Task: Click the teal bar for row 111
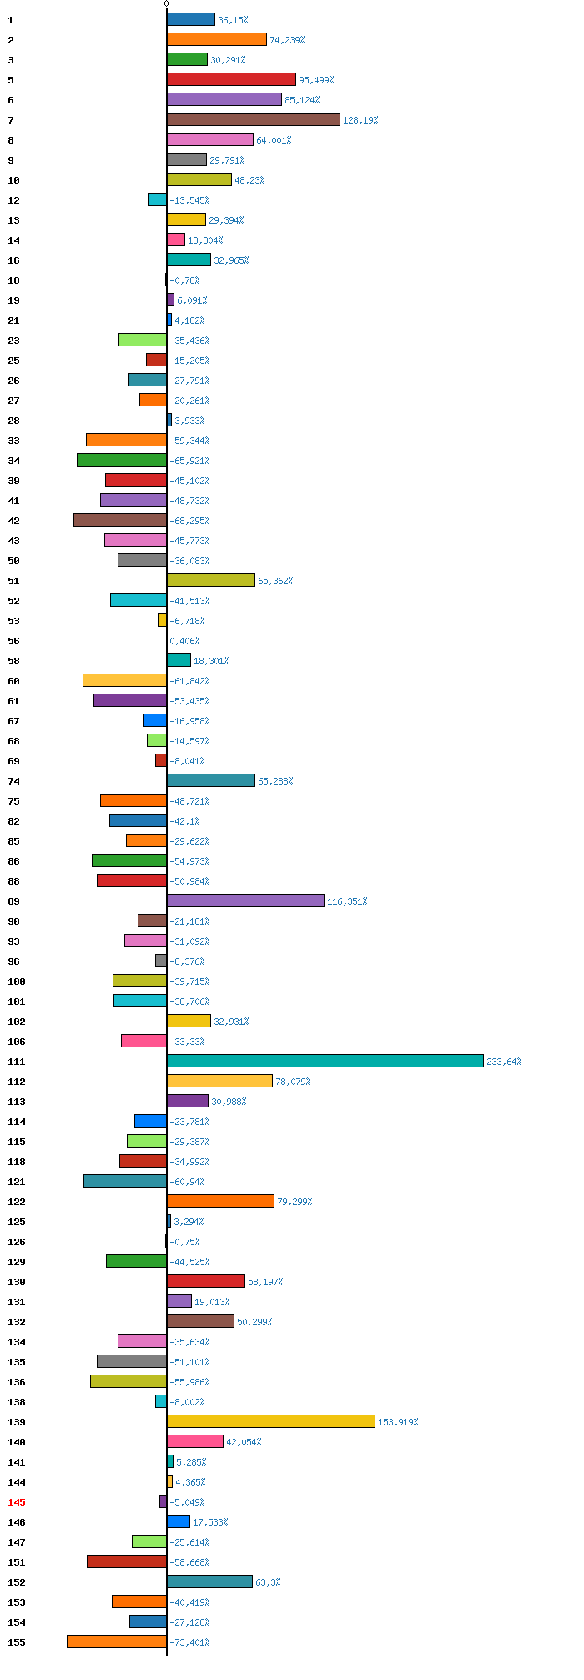coord(325,1061)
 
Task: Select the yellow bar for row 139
coord(271,1421)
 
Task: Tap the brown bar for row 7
coord(254,119)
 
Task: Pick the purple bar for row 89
coord(245,901)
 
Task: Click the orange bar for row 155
coord(117,1642)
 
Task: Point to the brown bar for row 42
coord(120,520)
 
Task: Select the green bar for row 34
coord(122,460)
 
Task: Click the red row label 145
coord(17,1502)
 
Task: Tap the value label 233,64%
coord(504,1062)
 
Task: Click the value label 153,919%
coord(398,1422)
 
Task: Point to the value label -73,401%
coord(189,1642)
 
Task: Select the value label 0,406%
coord(184,641)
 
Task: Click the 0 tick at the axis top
coord(166,4)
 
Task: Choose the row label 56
coord(13,641)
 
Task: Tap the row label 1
coord(11,20)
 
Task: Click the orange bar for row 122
coord(220,1201)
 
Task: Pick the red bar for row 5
coord(231,79)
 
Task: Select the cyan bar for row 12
coord(157,199)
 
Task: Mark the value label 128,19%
coord(360,120)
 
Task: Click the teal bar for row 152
coord(209,1582)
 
